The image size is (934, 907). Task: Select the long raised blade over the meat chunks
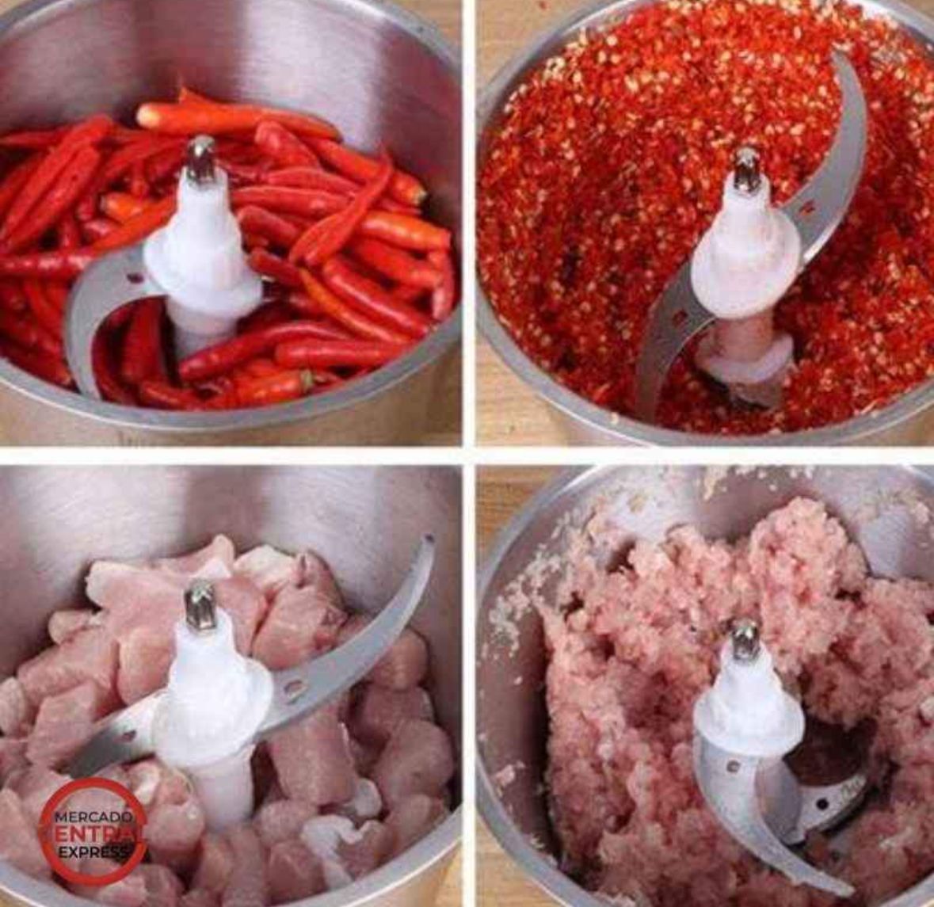357,643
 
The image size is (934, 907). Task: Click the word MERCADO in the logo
92,817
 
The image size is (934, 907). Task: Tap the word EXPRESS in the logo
93,852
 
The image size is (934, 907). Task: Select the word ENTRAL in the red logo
95,834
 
